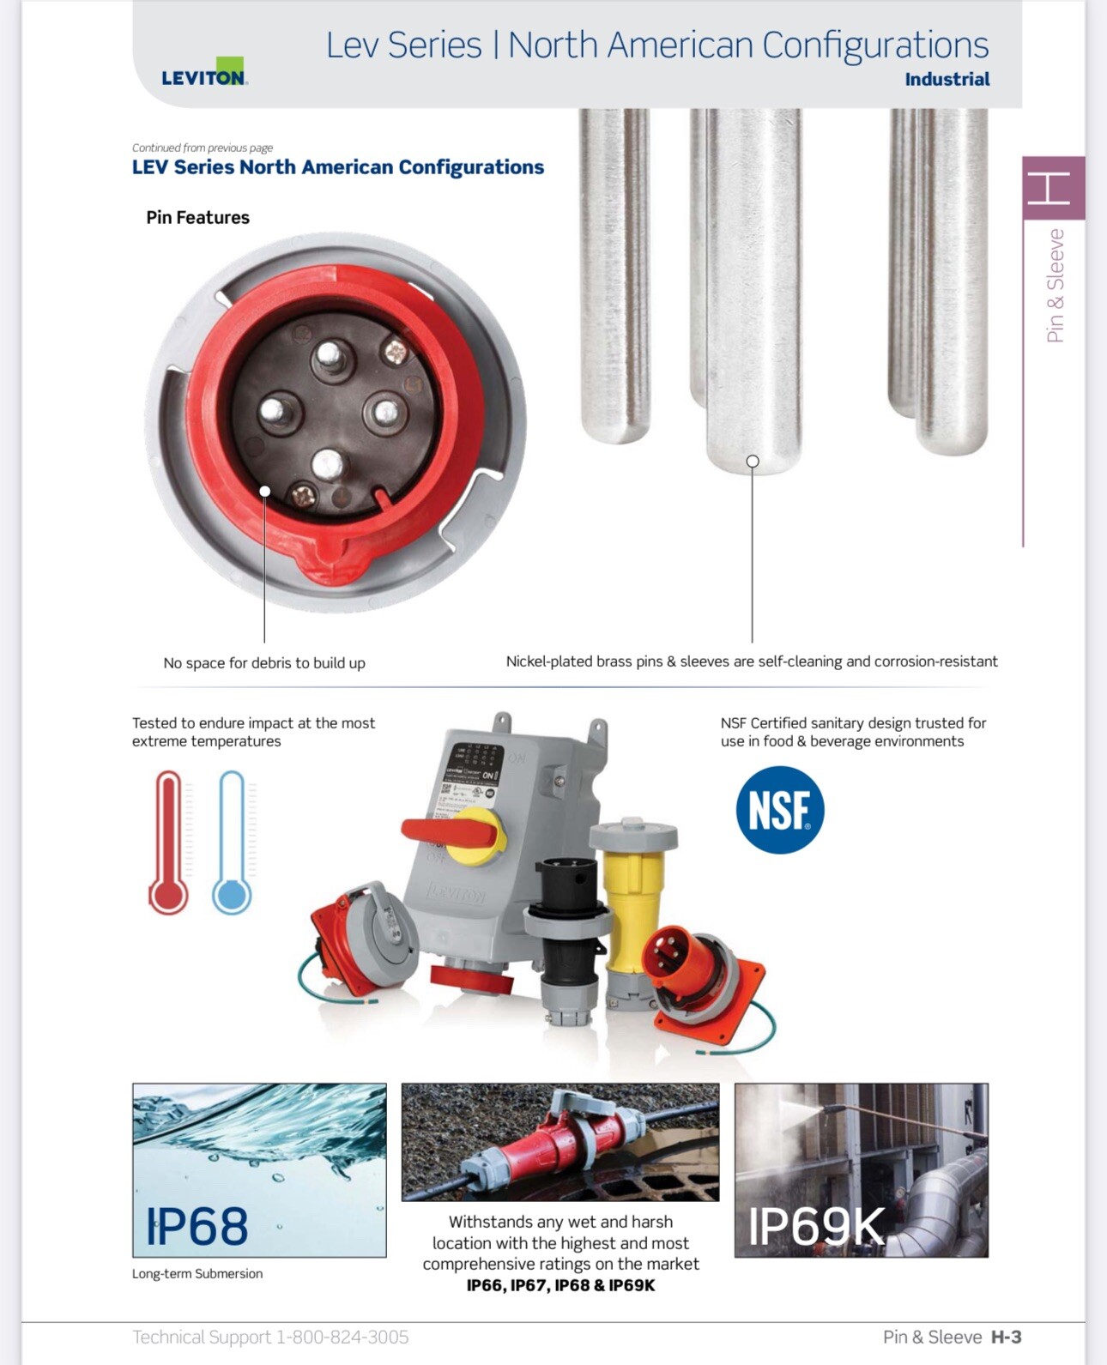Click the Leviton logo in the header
pos(204,72)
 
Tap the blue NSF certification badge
pos(779,809)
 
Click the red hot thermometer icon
pos(168,842)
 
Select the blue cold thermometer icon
pos(232,842)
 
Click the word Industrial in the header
pos(947,80)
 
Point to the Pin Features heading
pos(197,217)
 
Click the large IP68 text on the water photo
pos(197,1227)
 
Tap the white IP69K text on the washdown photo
pos(817,1227)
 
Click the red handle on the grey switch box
pos(449,832)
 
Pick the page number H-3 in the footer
pos(1006,1337)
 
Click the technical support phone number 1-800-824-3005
pos(342,1337)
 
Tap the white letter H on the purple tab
pos(1048,188)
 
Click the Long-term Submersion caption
pos(197,1274)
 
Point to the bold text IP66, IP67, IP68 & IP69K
pos(560,1285)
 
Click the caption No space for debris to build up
pos(264,663)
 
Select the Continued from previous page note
pos(203,148)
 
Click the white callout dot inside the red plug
pos(264,492)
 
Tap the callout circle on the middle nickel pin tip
pos(753,462)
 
